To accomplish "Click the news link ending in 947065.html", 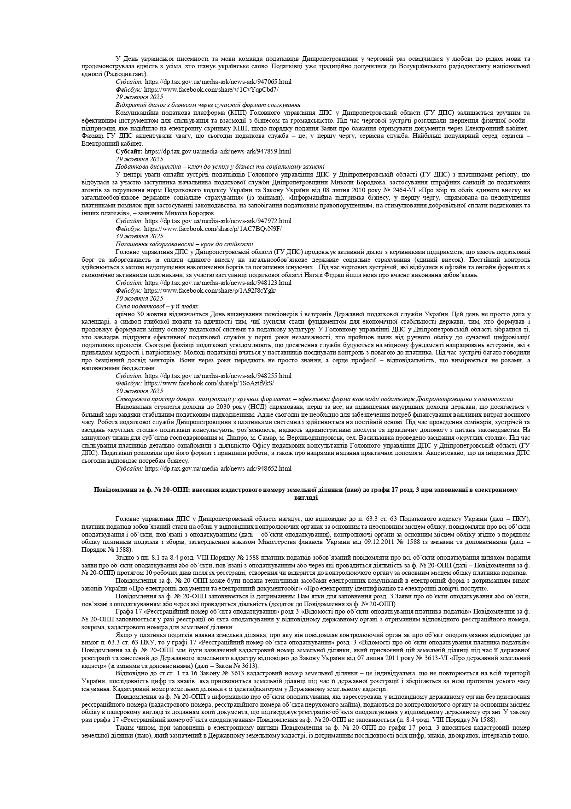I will point(218,82).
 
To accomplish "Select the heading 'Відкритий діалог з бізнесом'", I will point(208,105).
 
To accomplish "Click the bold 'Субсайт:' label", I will point(129,151).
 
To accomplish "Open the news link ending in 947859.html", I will point(218,151).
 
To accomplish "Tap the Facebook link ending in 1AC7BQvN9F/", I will point(213,229).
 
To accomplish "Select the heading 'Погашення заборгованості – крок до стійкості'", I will point(184,244).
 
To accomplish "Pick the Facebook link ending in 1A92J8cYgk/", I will point(210,290).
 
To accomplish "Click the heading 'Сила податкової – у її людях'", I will point(157,306).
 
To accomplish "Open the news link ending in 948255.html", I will point(218,376).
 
